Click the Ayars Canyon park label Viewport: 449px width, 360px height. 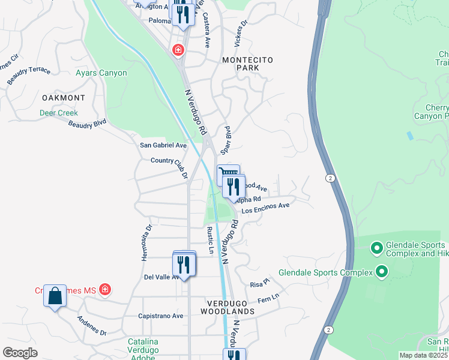point(101,73)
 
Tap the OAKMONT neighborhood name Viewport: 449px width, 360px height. point(64,97)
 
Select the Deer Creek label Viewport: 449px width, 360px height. point(59,113)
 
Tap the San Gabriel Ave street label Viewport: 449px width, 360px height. point(163,145)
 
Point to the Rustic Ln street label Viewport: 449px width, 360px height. point(210,241)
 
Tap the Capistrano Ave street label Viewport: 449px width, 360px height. point(160,316)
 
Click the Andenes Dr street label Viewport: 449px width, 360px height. point(92,325)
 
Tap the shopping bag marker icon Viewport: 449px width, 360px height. point(55,296)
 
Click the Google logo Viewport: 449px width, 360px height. point(20,353)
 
